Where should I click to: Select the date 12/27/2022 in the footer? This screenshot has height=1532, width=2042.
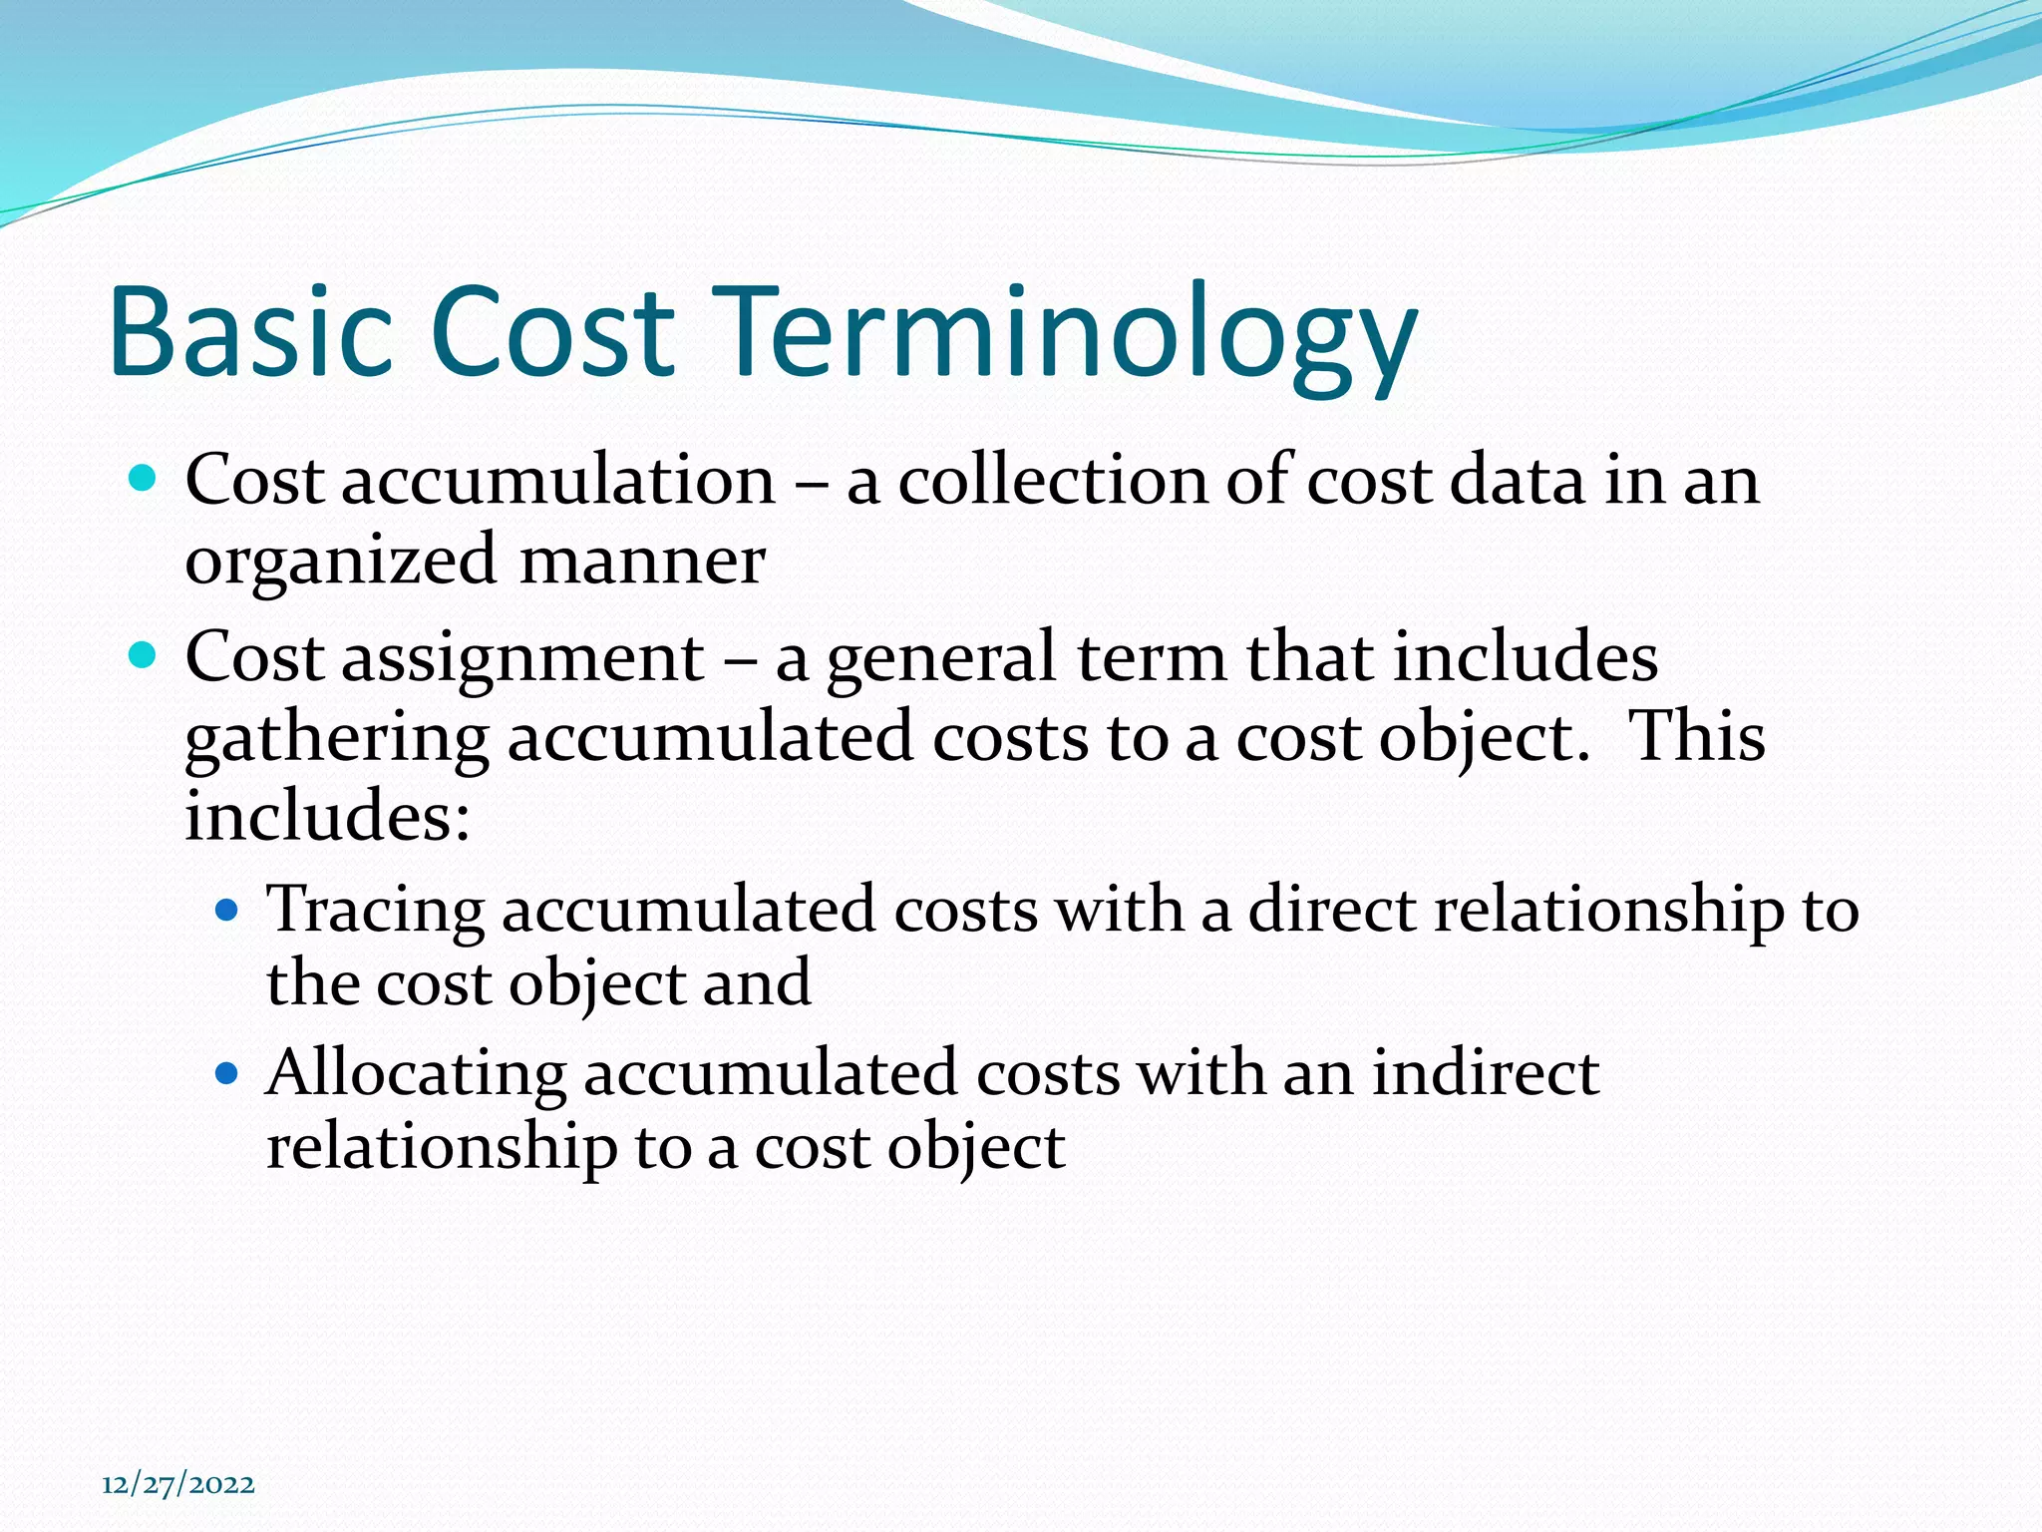178,1484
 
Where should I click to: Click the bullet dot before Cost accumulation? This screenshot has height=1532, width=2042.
144,479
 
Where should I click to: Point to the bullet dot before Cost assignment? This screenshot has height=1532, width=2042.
144,656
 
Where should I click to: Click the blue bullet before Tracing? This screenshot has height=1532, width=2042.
227,910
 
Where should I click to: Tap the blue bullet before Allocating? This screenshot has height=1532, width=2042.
227,1073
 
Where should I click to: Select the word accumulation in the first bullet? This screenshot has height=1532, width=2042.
558,481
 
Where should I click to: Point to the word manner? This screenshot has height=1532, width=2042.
642,561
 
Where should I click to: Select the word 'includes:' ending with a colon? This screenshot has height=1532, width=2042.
327,815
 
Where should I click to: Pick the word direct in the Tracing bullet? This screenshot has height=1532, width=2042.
1332,910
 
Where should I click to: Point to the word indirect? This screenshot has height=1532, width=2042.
1486,1073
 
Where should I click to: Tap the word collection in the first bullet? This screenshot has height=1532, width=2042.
1053,481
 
